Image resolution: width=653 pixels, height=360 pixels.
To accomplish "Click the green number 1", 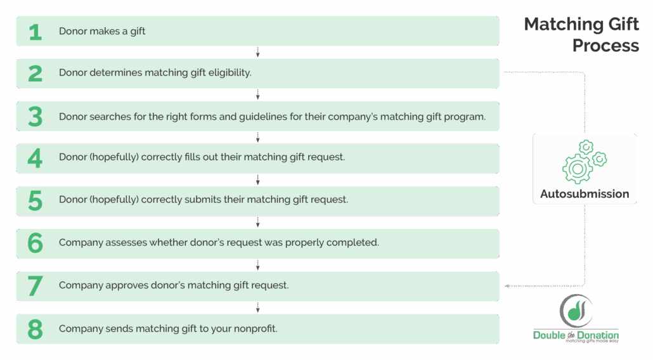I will [35, 32].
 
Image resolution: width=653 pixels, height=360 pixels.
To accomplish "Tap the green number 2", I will [35, 74].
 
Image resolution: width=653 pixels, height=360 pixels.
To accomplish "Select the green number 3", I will [35, 117].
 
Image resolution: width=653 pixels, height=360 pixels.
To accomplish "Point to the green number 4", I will [35, 158].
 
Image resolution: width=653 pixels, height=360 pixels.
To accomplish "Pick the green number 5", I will [35, 201].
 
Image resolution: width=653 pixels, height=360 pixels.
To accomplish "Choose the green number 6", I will [35, 243].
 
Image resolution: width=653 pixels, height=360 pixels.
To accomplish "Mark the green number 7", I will [35, 286].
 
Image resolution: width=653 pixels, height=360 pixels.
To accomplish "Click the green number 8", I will [35, 329].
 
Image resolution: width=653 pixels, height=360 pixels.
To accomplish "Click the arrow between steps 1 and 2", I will [258, 52].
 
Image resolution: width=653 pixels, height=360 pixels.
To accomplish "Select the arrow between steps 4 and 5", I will [258, 179].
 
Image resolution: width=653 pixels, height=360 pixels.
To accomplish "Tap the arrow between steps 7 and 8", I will [258, 307].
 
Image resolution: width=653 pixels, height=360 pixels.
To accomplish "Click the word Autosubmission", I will [585, 194].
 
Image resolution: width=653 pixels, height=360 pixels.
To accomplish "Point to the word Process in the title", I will [605, 46].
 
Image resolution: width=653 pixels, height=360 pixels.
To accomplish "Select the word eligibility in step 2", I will [226, 73].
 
